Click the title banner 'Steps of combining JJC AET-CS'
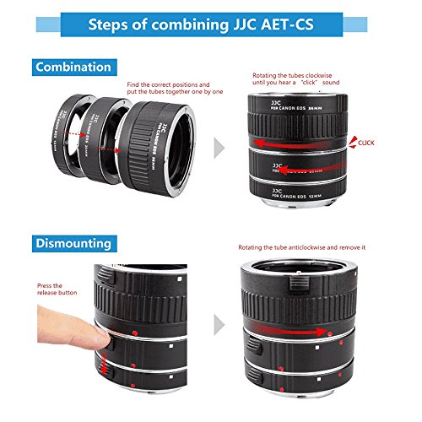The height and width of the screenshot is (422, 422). pyautogui.click(x=211, y=24)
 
